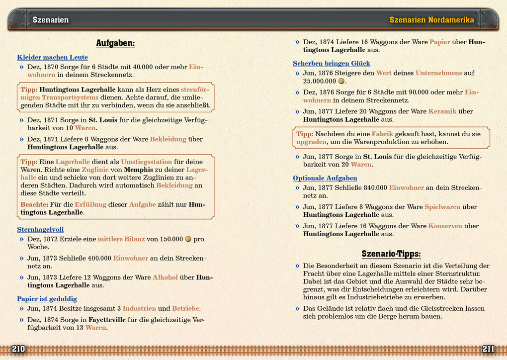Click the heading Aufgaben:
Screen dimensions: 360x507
coord(115,43)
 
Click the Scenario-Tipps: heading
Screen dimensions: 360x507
coord(391,254)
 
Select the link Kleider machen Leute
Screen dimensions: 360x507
coord(52,58)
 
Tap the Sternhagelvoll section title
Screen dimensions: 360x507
coord(40,230)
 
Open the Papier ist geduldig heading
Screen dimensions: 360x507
coord(47,299)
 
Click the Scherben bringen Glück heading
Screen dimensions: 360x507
coord(331,64)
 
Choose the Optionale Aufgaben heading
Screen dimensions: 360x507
coord(325,178)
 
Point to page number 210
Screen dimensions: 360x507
coord(18,349)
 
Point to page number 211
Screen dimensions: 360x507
coord(488,349)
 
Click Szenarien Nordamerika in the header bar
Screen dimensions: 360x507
coord(431,20)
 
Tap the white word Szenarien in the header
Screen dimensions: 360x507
coord(50,20)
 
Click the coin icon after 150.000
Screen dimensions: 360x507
coord(188,239)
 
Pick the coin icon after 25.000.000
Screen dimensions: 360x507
coord(341,81)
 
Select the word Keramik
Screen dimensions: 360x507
coord(442,111)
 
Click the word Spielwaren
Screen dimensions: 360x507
coord(442,207)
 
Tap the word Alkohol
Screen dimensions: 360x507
coord(165,277)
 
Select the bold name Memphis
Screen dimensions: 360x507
coord(141,170)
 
